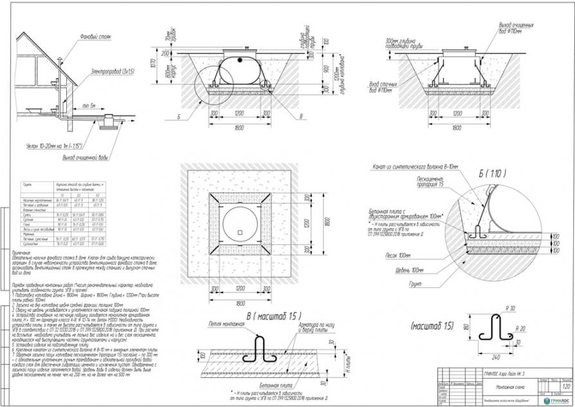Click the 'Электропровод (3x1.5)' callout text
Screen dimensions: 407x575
point(112,72)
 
